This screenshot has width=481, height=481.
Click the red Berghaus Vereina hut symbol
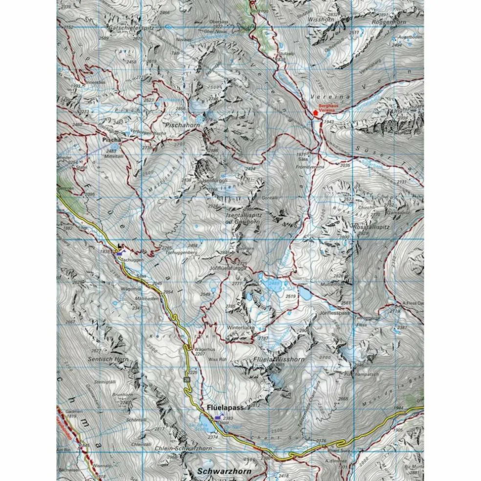(315, 112)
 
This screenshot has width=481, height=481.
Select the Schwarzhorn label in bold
(224, 472)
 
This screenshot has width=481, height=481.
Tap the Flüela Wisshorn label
(279, 359)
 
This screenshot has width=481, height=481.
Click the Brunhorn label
(122, 394)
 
